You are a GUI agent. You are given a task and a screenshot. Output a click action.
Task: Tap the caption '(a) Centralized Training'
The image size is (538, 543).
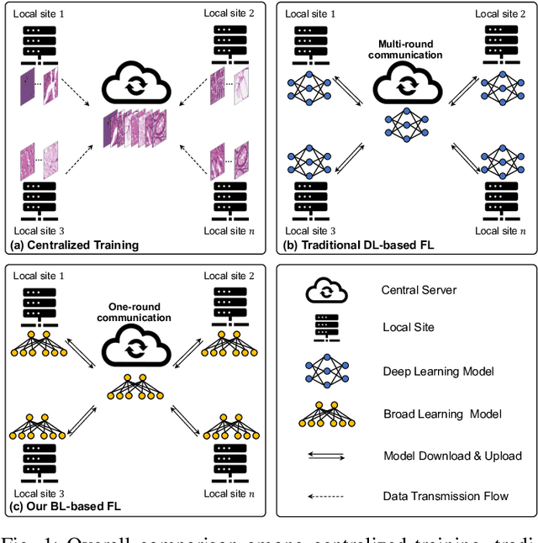coord(74,245)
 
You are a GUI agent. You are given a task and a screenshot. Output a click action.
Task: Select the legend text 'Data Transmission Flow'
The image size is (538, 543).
coord(446,496)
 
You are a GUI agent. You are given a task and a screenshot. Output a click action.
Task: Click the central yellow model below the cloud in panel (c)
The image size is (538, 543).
coord(135,387)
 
